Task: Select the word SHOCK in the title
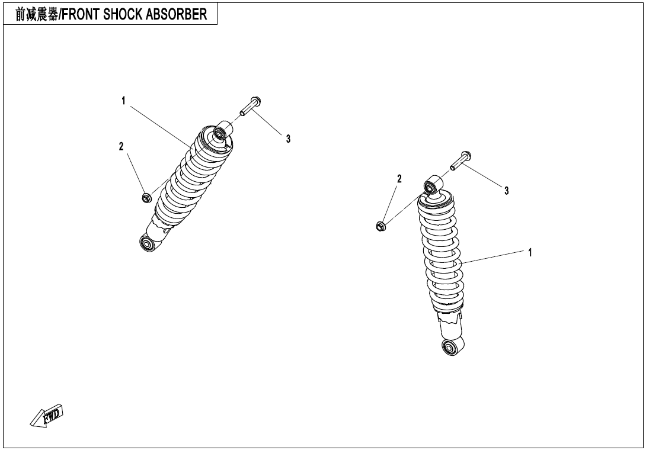tap(122, 14)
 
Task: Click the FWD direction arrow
tap(47, 415)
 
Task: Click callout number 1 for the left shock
tap(123, 101)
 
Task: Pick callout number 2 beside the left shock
tap(121, 146)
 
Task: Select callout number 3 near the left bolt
tap(288, 139)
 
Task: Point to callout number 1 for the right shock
tap(530, 253)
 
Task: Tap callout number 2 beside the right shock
tap(399, 179)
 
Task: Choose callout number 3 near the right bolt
tap(507, 191)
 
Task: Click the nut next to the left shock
tap(145, 197)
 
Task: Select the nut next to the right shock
tap(381, 226)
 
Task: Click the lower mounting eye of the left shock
tap(146, 242)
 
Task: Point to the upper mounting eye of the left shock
tap(222, 133)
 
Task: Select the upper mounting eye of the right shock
tap(432, 185)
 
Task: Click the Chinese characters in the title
tap(37, 14)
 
